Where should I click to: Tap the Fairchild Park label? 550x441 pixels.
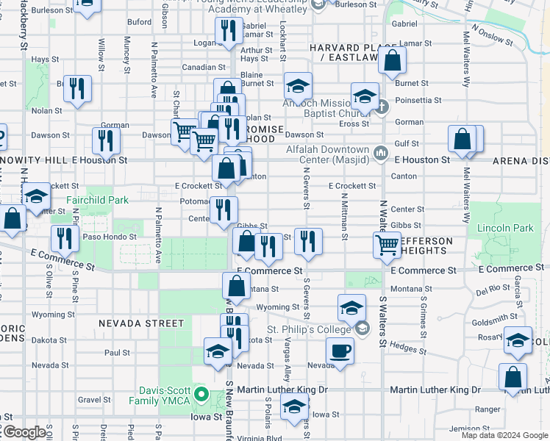pyautogui.click(x=97, y=200)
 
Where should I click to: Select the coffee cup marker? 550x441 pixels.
pyautogui.click(x=339, y=350)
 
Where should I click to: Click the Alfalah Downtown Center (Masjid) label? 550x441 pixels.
pyautogui.click(x=329, y=152)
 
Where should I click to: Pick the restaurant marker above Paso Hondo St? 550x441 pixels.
pyautogui.click(x=65, y=238)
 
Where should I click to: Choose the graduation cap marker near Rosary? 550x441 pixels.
pyautogui.click(x=518, y=339)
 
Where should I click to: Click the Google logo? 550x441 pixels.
pyautogui.click(x=24, y=432)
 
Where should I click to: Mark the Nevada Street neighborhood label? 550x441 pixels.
pyautogui.click(x=141, y=323)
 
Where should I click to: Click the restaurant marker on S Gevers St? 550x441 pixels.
pyautogui.click(x=308, y=240)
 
